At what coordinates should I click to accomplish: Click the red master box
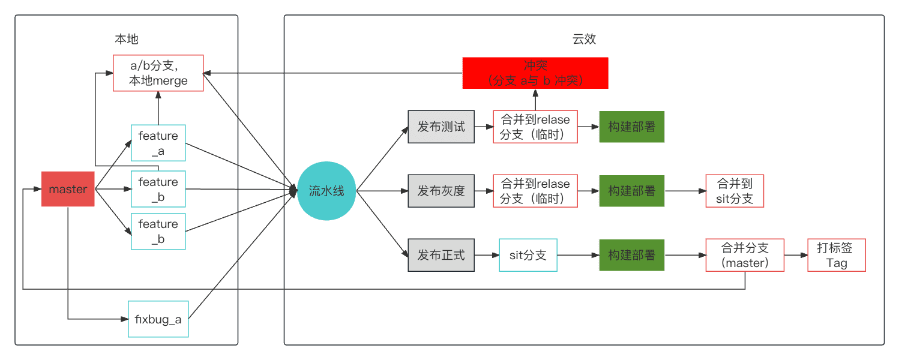point(68,189)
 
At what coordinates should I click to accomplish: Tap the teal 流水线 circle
point(326,191)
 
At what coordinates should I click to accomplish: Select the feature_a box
point(158,143)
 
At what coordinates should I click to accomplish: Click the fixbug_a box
point(158,319)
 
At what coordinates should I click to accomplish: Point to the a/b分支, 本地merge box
point(158,73)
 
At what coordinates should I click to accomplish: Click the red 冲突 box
point(535,73)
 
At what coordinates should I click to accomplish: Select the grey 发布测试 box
point(441,127)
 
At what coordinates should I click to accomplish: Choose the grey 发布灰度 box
point(441,191)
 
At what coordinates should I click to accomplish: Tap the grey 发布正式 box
point(441,255)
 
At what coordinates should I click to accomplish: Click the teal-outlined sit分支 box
point(528,255)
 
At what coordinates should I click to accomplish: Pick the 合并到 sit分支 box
point(735,191)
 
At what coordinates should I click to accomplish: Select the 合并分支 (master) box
point(745,255)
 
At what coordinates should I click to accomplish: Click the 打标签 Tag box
point(837,255)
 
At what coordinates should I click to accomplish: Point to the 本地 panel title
point(126,39)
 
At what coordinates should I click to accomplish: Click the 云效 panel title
point(583,39)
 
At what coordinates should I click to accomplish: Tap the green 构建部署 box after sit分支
point(631,255)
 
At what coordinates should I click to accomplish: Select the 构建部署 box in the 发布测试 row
point(631,127)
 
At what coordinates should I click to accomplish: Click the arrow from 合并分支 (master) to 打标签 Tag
point(796,255)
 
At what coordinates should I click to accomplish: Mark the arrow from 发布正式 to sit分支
point(486,255)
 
